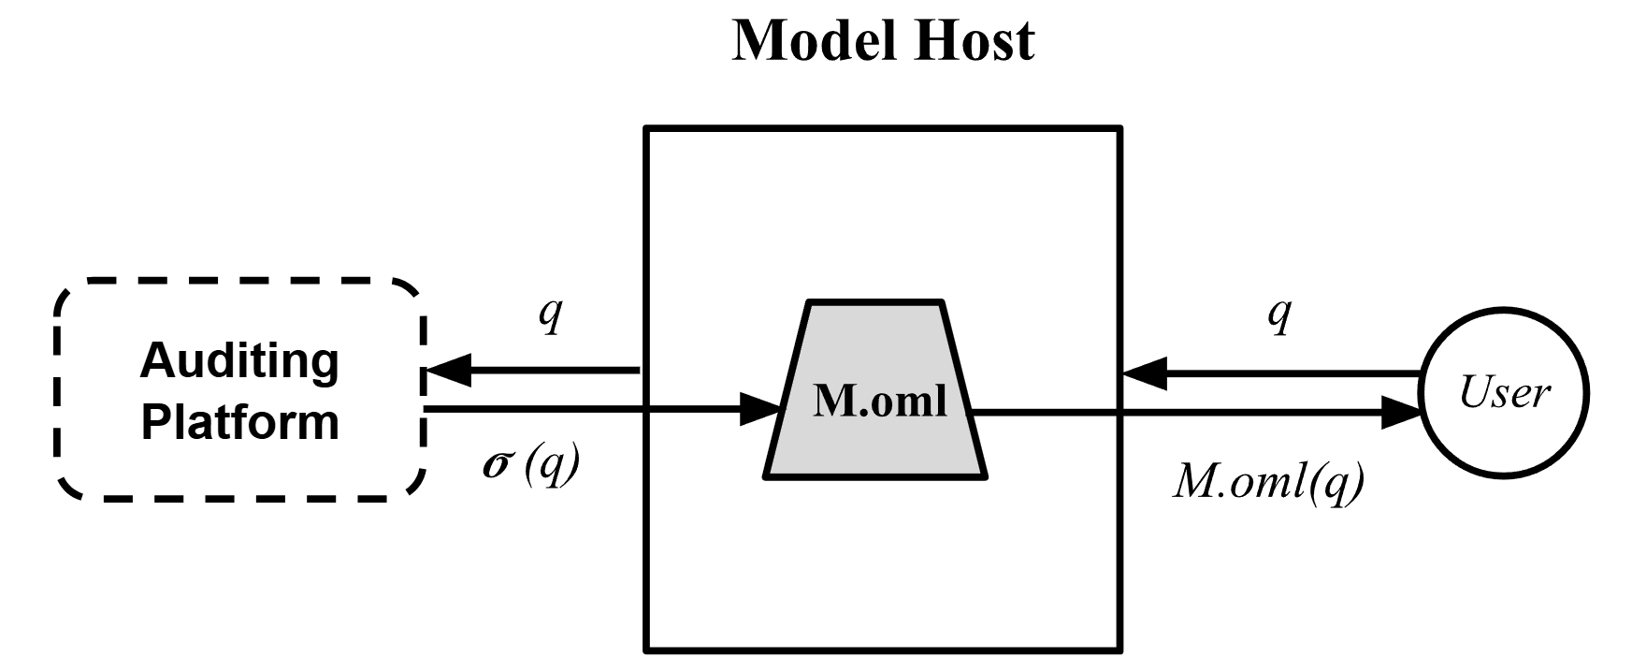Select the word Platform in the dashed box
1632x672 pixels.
tap(239, 421)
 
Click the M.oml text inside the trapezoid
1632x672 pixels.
tap(879, 402)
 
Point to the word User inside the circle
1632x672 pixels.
tap(1504, 392)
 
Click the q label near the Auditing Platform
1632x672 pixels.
tap(551, 314)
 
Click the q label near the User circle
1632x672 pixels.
tap(1279, 314)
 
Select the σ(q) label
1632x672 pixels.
tap(530, 463)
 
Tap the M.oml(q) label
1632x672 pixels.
tap(1269, 482)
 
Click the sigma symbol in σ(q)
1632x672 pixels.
tap(497, 464)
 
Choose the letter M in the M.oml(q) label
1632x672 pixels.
tap(1193, 482)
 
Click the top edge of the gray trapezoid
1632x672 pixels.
tap(875, 302)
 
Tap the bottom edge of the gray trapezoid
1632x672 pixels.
tap(875, 477)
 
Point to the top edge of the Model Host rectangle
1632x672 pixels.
tap(883, 128)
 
